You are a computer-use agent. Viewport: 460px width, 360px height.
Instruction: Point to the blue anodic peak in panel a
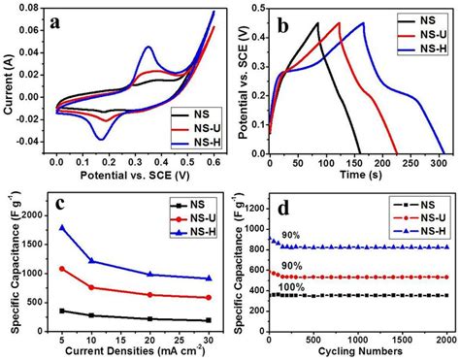pyautogui.click(x=148, y=47)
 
